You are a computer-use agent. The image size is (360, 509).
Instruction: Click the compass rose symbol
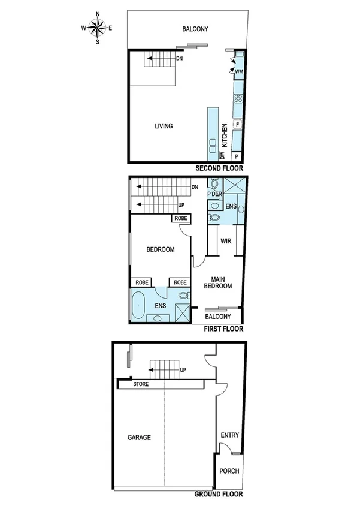97,28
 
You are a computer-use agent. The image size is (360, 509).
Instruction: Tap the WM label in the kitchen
238,71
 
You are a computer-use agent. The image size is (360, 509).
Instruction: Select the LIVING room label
164,126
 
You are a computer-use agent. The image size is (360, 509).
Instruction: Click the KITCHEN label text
225,136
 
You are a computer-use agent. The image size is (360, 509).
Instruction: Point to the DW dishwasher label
222,155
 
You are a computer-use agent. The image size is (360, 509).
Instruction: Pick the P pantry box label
237,156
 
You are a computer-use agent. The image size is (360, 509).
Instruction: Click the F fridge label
238,125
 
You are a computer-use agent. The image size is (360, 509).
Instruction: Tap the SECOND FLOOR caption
220,169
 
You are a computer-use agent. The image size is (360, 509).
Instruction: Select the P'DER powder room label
214,195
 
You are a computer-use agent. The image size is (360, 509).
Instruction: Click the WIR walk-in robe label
226,242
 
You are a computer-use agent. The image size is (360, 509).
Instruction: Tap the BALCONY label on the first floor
218,317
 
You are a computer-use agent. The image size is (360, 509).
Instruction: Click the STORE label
141,384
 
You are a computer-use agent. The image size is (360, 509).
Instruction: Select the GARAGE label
139,438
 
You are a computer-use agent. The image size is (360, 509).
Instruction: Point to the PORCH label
229,471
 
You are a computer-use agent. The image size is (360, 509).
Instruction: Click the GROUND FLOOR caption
219,495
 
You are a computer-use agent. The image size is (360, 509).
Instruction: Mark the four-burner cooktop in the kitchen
238,100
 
